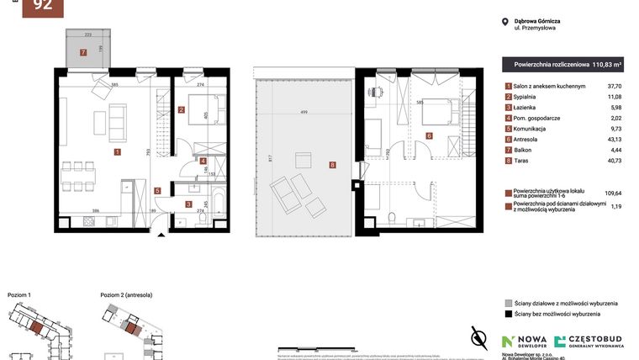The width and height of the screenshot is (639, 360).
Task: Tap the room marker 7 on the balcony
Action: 83,52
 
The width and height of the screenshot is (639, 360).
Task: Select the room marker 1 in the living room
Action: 117,152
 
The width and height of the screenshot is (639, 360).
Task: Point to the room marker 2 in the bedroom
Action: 182,109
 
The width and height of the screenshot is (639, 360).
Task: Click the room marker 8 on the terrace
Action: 333,165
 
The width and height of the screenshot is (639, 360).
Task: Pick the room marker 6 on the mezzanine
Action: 428,135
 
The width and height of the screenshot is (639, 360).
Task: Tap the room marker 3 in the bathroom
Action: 188,204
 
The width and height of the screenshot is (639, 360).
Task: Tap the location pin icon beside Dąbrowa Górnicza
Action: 504,22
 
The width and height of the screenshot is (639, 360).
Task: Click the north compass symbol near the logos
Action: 479,337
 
